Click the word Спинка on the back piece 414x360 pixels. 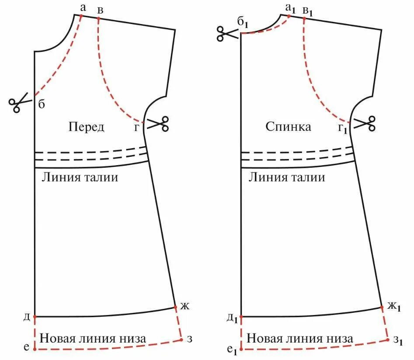point(289,127)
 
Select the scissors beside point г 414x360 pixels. point(158,123)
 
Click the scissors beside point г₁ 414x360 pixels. point(365,123)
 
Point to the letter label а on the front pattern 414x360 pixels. point(83,7)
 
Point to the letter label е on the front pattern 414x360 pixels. point(26,348)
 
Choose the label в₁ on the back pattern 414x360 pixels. point(308,10)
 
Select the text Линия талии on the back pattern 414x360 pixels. point(287,177)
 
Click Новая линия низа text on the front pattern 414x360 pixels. point(93,338)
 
